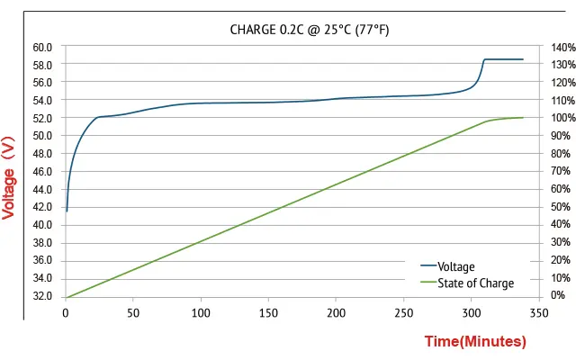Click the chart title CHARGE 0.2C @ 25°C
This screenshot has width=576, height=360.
pos(309,30)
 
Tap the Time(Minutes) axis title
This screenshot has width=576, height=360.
pos(474,342)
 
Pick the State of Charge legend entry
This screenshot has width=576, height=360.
pos(475,283)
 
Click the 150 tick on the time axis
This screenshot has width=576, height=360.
pos(268,313)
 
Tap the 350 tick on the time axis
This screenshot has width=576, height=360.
pos(539,313)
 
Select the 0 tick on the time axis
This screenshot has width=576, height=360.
pos(66,313)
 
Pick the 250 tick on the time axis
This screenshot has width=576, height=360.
pos(404,313)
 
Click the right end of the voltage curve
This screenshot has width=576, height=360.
pos(523,59)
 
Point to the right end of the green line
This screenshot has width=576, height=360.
pos(523,118)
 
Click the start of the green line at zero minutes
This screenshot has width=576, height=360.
pos(66,297)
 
